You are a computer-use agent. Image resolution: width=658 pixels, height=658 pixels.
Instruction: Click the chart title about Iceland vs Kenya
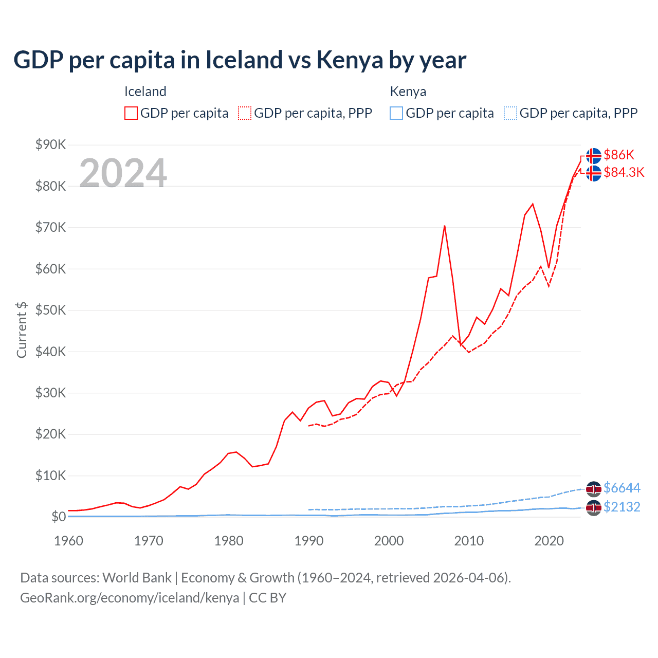point(240,60)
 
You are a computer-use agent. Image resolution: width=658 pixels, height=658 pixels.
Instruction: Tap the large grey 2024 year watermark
point(123,173)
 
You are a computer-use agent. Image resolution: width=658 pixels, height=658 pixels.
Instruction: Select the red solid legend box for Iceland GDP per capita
point(131,113)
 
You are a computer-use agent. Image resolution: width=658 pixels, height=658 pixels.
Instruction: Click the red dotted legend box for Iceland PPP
point(245,113)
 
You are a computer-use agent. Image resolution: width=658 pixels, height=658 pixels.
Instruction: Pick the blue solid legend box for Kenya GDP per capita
point(396,113)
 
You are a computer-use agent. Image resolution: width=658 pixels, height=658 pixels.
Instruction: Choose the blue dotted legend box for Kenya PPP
point(510,113)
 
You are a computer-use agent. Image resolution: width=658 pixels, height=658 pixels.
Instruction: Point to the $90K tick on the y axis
point(50,145)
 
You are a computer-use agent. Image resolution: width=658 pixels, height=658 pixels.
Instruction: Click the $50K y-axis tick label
point(50,310)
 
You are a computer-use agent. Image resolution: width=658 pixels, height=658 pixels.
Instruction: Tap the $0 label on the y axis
point(58,517)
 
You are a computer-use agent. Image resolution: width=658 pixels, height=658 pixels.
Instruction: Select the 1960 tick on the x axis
point(68,541)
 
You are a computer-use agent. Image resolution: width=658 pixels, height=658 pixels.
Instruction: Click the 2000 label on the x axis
point(389,541)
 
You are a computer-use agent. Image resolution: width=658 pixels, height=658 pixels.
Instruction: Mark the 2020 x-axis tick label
point(549,541)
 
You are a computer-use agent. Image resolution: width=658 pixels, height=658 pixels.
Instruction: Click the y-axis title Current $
point(22,330)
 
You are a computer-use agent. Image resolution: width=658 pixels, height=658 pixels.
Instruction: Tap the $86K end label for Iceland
point(619,155)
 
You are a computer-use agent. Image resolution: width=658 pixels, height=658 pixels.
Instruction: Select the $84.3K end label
point(624,172)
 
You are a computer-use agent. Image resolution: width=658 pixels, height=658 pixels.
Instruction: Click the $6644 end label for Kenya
point(622,488)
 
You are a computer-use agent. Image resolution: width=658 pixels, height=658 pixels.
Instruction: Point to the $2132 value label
point(622,507)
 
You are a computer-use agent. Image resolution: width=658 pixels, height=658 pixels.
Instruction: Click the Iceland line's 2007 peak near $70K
point(444,226)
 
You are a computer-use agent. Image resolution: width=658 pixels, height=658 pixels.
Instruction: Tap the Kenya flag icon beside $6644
point(594,488)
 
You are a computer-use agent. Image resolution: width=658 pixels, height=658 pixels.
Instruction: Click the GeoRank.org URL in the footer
point(130,598)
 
